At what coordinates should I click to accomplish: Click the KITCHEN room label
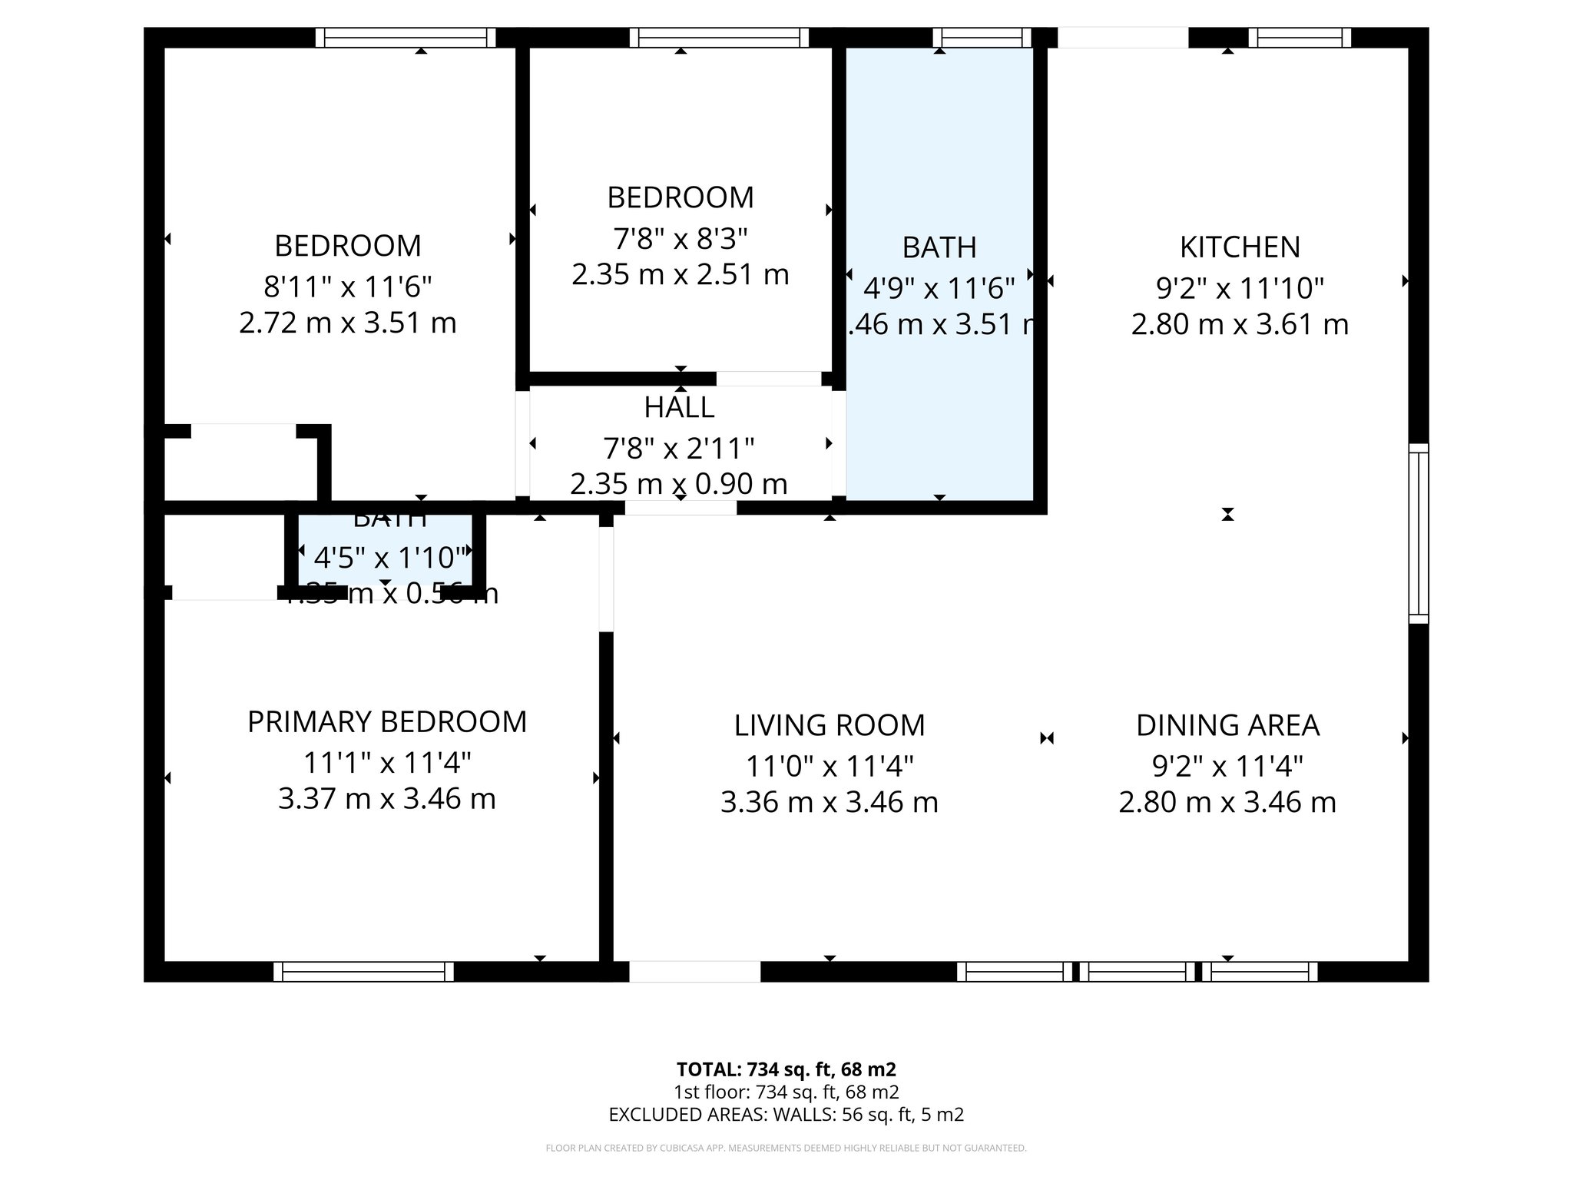pos(1240,247)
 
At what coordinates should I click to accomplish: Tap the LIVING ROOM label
pos(830,725)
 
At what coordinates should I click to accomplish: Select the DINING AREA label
pos(1227,725)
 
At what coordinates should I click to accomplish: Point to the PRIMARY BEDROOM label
pos(387,722)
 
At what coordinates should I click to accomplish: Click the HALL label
pos(679,408)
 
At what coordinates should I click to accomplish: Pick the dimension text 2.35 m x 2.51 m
pos(681,274)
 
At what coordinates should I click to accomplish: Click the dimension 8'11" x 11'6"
pos(348,287)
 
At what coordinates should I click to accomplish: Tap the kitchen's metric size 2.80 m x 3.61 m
pos(1240,324)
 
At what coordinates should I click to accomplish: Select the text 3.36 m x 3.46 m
pos(830,802)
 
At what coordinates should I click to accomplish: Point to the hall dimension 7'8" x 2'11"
pos(679,447)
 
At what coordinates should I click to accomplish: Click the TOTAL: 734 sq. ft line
pos(786,1069)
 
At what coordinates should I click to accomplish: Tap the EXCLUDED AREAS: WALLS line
pos(786,1114)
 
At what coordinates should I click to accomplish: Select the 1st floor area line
pos(786,1092)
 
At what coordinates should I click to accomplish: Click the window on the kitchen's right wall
pos(1419,533)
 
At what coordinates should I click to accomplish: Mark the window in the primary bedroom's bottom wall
pos(363,972)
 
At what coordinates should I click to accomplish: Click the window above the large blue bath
pos(982,38)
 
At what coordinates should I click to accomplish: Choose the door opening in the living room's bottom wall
pos(694,972)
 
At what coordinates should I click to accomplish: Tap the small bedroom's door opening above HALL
pos(768,379)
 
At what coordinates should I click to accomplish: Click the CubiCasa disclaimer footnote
pos(786,1149)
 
